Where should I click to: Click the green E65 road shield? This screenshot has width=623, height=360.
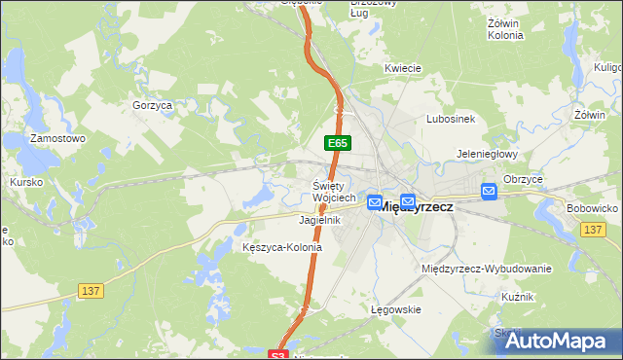click(338, 143)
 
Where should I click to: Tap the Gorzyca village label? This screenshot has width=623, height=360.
click(151, 104)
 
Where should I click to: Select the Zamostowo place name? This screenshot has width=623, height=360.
click(57, 139)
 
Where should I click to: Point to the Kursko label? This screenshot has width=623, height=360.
click(25, 182)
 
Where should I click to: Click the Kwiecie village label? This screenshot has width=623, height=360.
click(402, 68)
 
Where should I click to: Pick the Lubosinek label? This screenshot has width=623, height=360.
click(450, 119)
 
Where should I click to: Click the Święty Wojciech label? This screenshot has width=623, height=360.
click(334, 192)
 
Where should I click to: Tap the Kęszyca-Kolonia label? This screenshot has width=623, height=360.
click(281, 247)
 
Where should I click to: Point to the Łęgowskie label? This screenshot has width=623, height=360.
click(395, 309)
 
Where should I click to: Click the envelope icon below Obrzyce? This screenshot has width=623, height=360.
click(489, 192)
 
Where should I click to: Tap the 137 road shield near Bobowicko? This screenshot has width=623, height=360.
click(592, 229)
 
